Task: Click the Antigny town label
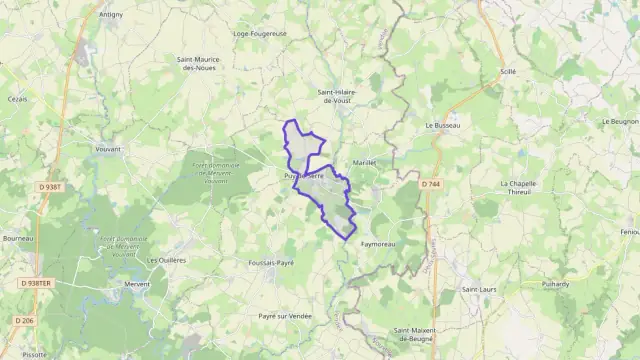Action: pyautogui.click(x=111, y=15)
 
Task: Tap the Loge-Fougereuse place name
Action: pyautogui.click(x=259, y=33)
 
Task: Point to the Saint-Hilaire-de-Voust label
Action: pyautogui.click(x=338, y=97)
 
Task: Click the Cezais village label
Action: pyautogui.click(x=17, y=99)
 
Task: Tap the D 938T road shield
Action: pyautogui.click(x=51, y=186)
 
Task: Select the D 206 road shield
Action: pyautogui.click(x=25, y=320)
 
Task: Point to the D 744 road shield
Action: pyautogui.click(x=431, y=184)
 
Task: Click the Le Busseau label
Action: pyautogui.click(x=442, y=126)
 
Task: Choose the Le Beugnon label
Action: pyautogui.click(x=621, y=121)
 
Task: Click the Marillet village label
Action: pyautogui.click(x=364, y=162)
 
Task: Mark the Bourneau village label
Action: pyautogui.click(x=19, y=238)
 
